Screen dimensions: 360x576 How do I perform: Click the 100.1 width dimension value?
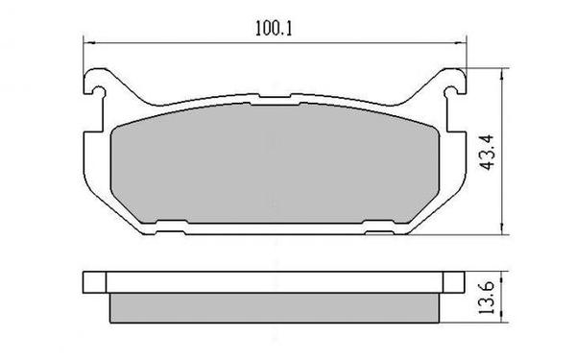coord(273,29)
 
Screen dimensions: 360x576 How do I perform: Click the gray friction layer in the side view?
coord(273,307)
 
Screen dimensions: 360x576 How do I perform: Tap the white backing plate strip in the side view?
coord(273,282)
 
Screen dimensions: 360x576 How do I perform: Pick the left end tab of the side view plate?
coord(92,282)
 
